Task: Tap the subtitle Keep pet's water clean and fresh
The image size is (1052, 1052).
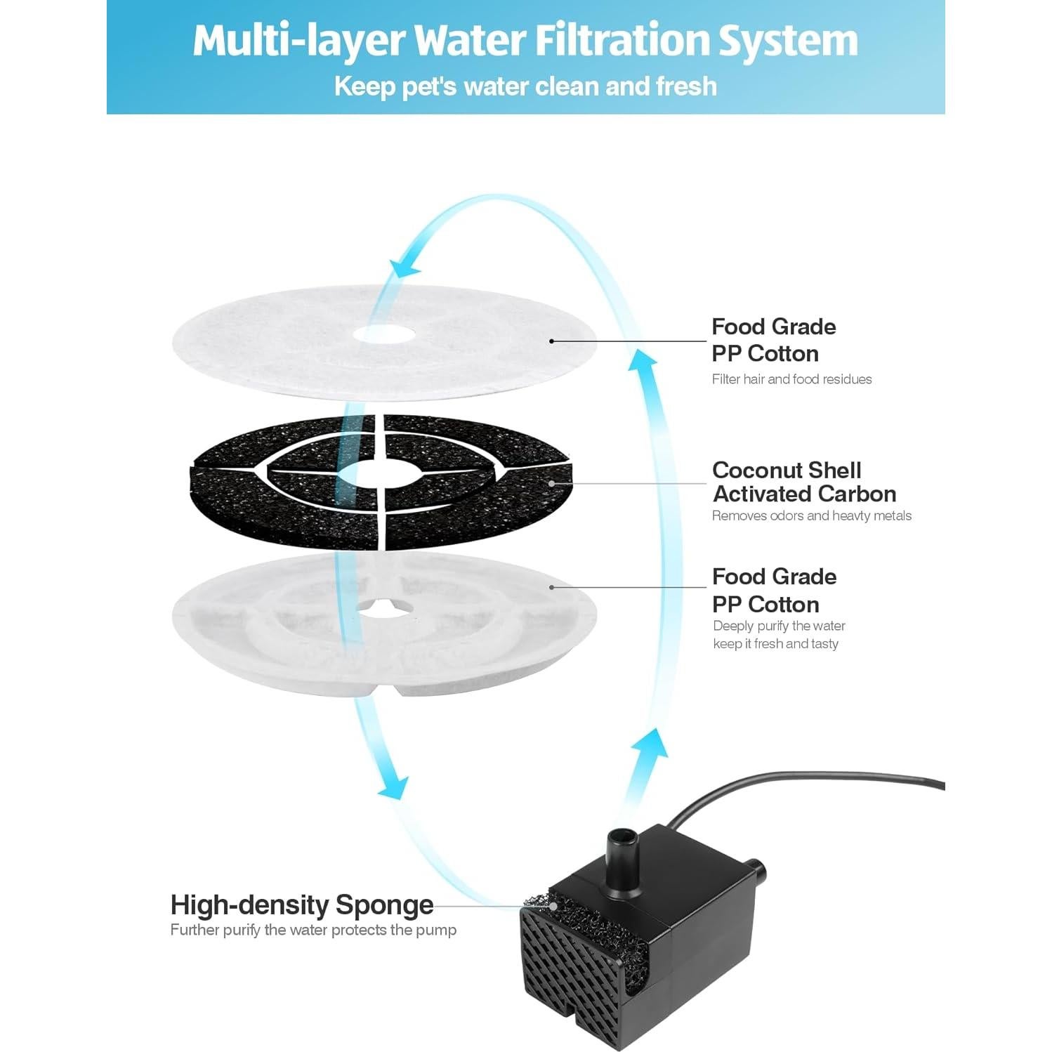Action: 525,86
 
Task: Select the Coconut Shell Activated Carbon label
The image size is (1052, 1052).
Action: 804,482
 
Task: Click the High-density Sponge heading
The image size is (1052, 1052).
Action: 302,905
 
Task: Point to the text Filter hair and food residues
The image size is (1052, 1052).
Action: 791,379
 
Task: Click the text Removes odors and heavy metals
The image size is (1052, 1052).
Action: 811,515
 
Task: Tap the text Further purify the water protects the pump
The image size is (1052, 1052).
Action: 313,930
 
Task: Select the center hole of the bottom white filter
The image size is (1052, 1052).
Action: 385,609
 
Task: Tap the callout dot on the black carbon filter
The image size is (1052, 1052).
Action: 552,483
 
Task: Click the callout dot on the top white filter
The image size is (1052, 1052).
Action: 552,341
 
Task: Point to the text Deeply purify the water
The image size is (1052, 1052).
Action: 779,626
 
